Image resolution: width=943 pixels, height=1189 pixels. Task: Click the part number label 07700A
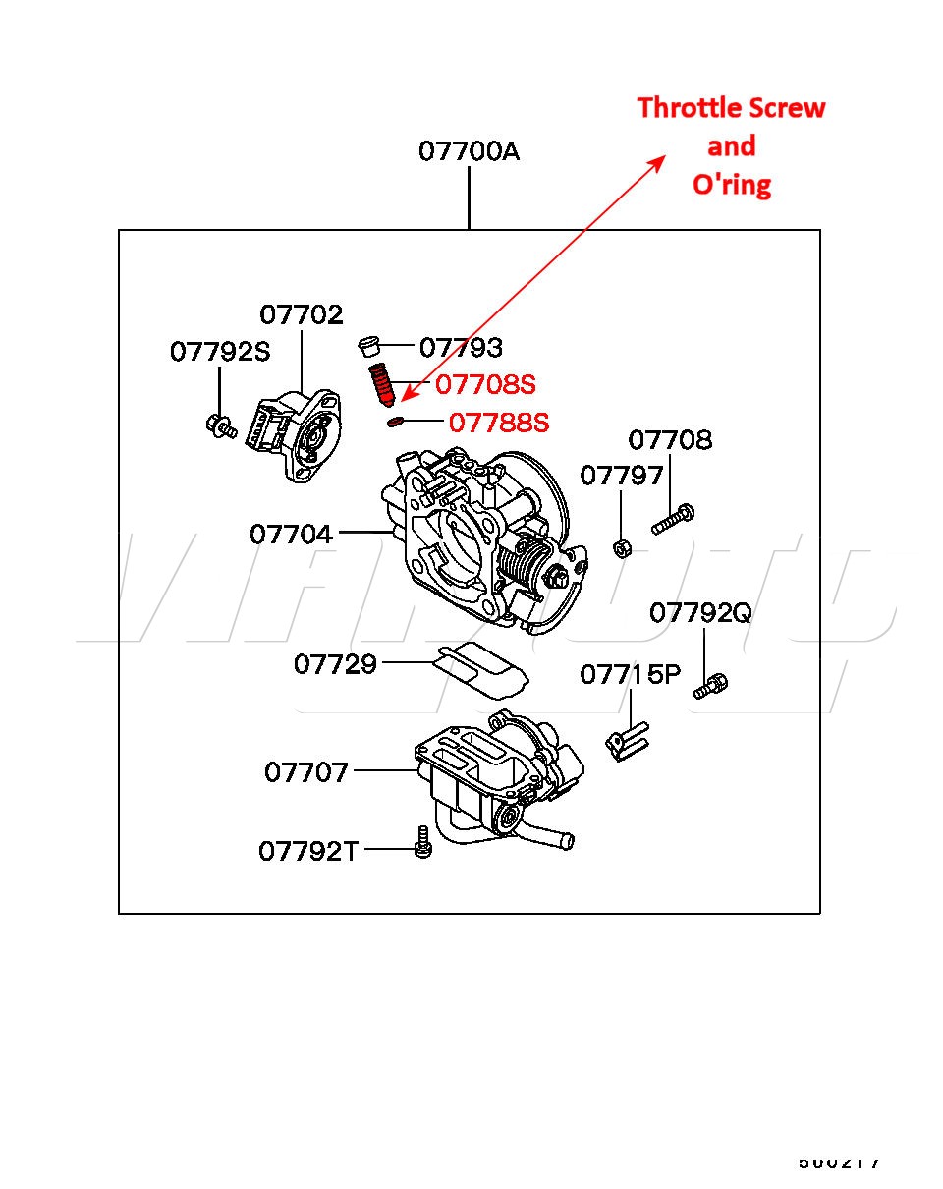point(469,152)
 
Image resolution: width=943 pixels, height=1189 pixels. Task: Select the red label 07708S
point(485,383)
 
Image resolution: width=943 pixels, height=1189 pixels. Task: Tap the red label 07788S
point(499,423)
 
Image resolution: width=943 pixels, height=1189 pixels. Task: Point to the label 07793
point(461,347)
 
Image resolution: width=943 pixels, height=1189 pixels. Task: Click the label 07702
point(302,315)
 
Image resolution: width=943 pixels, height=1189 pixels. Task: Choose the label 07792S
point(219,352)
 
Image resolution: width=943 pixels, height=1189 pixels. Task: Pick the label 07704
point(291,534)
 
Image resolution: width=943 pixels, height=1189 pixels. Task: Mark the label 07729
point(335,664)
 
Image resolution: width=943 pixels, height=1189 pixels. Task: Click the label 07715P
point(630,674)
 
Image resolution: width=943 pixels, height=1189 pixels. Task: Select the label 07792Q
point(700,613)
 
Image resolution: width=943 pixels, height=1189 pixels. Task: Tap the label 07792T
point(308,850)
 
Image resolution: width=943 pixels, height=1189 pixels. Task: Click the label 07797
point(622,476)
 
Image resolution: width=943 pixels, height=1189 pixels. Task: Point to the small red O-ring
point(394,423)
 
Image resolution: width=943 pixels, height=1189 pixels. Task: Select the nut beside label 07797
point(622,547)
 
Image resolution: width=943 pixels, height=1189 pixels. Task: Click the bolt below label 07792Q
point(710,686)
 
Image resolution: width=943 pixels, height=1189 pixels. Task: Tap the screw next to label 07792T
point(423,842)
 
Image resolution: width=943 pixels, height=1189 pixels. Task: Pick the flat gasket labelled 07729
point(479,669)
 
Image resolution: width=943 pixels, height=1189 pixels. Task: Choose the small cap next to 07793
point(369,346)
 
